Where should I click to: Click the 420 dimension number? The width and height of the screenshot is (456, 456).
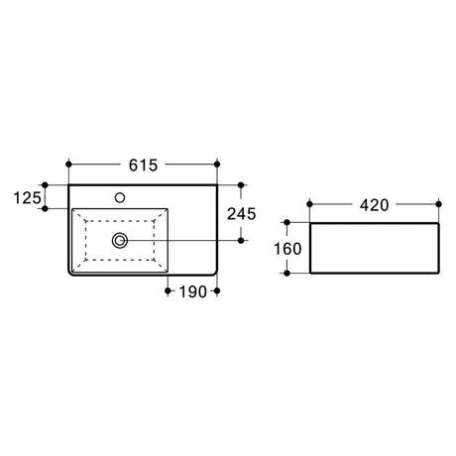pos(374,205)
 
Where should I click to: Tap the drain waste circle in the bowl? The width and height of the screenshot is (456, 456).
pos(121,241)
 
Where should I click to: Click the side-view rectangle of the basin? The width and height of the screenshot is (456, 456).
pos(374,248)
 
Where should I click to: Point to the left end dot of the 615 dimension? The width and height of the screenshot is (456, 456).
pos(67,162)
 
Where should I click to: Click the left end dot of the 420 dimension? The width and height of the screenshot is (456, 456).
pos(310,205)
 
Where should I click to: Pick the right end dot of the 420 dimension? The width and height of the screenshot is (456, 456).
pos(437,205)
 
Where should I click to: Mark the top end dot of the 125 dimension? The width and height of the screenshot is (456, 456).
pos(48,184)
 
